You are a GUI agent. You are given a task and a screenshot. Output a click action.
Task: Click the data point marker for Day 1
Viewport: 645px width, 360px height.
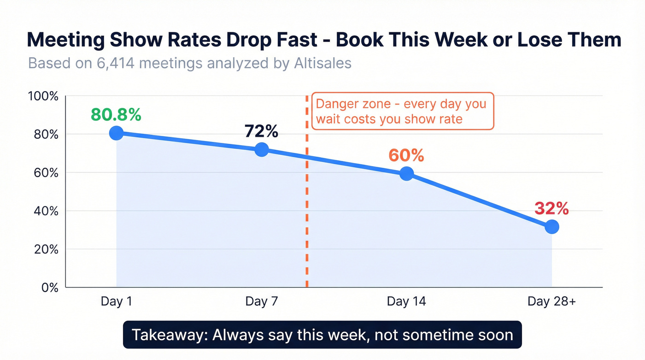point(117,133)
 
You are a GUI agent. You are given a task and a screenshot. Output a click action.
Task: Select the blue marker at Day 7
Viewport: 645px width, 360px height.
point(261,149)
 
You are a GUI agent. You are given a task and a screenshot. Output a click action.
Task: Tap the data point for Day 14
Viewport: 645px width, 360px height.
point(406,174)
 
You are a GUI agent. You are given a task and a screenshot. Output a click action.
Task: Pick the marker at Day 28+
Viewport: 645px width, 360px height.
point(551,227)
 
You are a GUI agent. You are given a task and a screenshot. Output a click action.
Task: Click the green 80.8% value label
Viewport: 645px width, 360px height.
point(116,115)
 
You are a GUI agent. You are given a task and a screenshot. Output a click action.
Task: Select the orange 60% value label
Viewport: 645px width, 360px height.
point(406,156)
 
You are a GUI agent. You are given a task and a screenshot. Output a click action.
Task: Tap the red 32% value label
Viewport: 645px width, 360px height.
point(551,209)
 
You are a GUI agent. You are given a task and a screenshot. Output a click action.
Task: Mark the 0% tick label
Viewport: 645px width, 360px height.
point(50,288)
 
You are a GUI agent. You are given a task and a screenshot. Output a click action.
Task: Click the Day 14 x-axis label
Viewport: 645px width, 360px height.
point(406,301)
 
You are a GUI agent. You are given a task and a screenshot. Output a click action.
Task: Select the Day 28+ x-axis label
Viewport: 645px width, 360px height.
point(551,301)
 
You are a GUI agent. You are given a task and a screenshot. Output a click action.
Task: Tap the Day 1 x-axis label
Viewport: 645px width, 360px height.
point(116,301)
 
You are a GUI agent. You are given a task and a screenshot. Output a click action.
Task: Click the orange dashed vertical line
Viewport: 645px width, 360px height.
point(306,207)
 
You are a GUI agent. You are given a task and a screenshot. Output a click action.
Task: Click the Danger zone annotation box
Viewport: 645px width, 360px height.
point(402,111)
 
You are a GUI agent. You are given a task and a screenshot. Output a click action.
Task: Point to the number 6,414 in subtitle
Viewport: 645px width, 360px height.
point(115,63)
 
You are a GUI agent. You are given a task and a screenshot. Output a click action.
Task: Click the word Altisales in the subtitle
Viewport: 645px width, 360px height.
point(322,63)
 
